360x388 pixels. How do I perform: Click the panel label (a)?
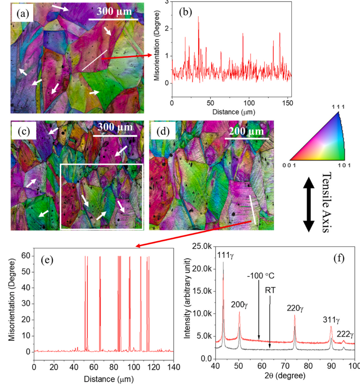point(22,14)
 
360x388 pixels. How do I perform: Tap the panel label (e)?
point(47,260)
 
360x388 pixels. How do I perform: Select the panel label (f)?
point(339,258)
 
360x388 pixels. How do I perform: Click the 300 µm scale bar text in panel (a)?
point(114,12)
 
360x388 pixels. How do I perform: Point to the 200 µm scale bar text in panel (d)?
point(246,131)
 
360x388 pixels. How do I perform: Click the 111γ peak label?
point(226,255)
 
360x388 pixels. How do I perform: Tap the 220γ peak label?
point(295,308)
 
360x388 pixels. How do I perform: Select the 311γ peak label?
point(331,320)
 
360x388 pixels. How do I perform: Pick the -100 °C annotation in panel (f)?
point(261,276)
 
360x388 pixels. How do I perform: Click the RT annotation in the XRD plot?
point(270,290)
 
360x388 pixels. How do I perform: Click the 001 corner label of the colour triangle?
point(289,165)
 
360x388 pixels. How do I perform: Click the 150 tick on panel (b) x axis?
point(287,103)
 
